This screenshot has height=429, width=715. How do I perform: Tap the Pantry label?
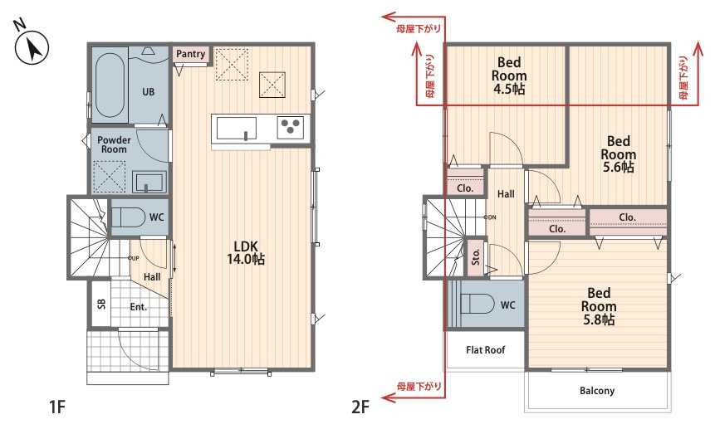tap(191, 54)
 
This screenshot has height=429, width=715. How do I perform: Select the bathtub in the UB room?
tap(110, 85)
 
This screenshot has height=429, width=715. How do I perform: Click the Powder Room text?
tap(114, 144)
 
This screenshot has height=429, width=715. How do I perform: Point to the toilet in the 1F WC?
tap(128, 217)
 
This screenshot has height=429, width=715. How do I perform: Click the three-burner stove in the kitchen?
tap(291, 127)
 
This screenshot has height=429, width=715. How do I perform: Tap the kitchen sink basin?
tap(236, 128)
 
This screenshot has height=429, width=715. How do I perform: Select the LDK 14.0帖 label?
tap(246, 253)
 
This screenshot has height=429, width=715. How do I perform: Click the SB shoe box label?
tap(101, 304)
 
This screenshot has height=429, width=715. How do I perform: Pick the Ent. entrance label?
tap(139, 307)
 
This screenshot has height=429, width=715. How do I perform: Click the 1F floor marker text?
tap(57, 407)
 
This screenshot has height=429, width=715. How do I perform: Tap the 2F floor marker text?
tap(360, 407)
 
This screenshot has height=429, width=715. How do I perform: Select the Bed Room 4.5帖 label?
tap(509, 76)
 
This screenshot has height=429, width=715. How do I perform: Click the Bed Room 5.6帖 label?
tap(619, 154)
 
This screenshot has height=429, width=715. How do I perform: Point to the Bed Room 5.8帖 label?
tap(599, 305)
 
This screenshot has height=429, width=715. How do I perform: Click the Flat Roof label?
tap(486, 350)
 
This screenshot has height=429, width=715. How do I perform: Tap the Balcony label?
tap(597, 391)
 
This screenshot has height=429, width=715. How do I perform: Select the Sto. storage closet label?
tap(476, 257)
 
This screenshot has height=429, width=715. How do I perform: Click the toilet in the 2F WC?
tap(477, 304)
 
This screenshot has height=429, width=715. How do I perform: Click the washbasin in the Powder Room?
tap(149, 182)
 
